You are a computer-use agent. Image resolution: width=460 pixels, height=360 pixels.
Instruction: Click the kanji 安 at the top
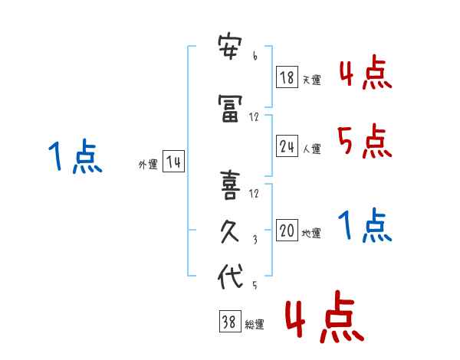coord(230,47)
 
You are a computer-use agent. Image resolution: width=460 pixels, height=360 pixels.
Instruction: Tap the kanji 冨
coord(230,108)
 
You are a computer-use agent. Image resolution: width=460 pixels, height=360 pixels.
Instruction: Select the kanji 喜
coord(230,185)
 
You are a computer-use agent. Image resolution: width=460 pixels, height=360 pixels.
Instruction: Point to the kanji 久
coord(230,231)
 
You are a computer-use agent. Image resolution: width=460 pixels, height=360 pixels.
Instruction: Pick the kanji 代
coord(230,276)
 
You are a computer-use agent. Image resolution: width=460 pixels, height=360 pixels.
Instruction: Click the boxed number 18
coord(287,77)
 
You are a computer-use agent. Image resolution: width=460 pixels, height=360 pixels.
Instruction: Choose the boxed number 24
coord(287,146)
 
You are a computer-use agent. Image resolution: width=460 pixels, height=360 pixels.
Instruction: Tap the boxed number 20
coord(287,230)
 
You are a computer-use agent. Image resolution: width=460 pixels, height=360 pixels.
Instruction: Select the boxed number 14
coord(173,162)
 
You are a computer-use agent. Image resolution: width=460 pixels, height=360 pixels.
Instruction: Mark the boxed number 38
coord(230,321)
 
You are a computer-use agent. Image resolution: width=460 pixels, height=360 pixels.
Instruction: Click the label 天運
coord(311,80)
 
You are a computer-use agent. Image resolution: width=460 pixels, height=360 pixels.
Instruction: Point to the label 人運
coord(311,149)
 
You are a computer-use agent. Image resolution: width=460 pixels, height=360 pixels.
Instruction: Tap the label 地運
coord(311,234)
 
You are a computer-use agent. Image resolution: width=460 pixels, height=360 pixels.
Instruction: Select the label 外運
coord(148,165)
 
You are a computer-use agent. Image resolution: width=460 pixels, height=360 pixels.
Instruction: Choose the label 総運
coord(254,325)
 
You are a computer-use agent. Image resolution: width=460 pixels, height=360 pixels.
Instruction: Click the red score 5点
coord(365,141)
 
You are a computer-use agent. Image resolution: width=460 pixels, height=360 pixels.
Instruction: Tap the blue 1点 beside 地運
coord(365,225)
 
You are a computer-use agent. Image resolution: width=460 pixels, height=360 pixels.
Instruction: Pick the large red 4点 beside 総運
coord(324,316)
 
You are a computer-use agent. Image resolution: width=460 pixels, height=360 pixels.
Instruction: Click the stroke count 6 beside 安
coord(255,55)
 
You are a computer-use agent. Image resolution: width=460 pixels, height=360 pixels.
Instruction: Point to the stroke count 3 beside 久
coord(255,240)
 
